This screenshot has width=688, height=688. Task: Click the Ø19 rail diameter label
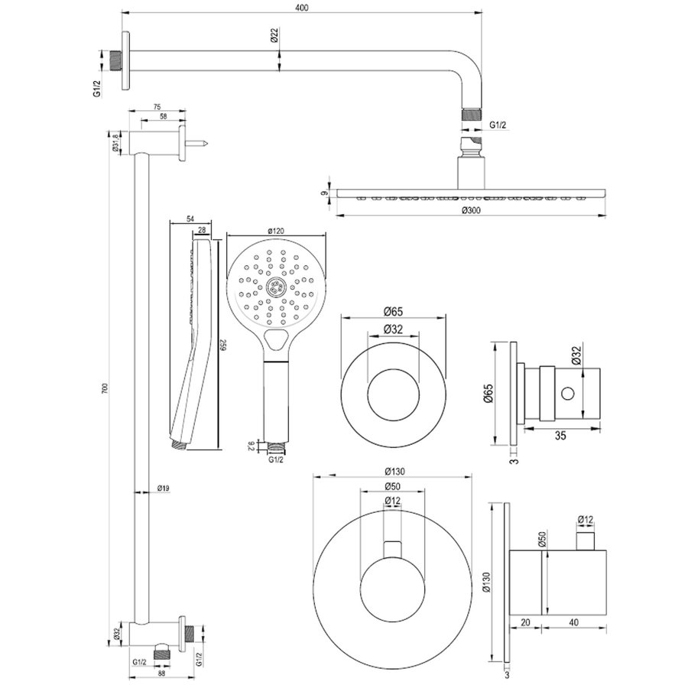tap(163, 487)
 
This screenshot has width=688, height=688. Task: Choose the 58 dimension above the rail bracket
tap(163, 118)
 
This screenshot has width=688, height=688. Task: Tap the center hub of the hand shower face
tap(276, 289)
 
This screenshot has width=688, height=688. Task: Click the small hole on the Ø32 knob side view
tap(567, 394)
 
